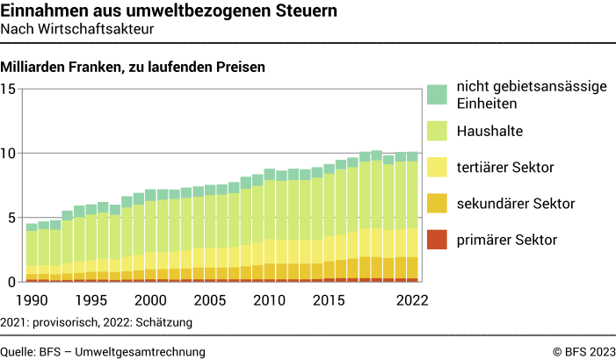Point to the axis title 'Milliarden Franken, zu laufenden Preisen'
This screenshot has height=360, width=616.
(133, 67)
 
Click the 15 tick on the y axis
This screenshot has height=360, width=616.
(9, 89)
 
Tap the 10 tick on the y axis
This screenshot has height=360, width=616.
(9, 153)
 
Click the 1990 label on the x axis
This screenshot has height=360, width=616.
(32, 299)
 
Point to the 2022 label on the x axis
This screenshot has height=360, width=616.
(411, 299)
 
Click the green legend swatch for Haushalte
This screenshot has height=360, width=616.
(438, 132)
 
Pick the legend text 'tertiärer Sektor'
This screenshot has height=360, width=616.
(505, 167)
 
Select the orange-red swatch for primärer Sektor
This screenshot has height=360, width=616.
(438, 239)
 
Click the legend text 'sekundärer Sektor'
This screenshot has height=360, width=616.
(515, 204)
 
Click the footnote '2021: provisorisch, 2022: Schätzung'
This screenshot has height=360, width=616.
(97, 322)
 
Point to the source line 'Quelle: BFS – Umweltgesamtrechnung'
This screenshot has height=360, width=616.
(103, 351)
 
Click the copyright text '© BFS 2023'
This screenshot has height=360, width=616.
(583, 351)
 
